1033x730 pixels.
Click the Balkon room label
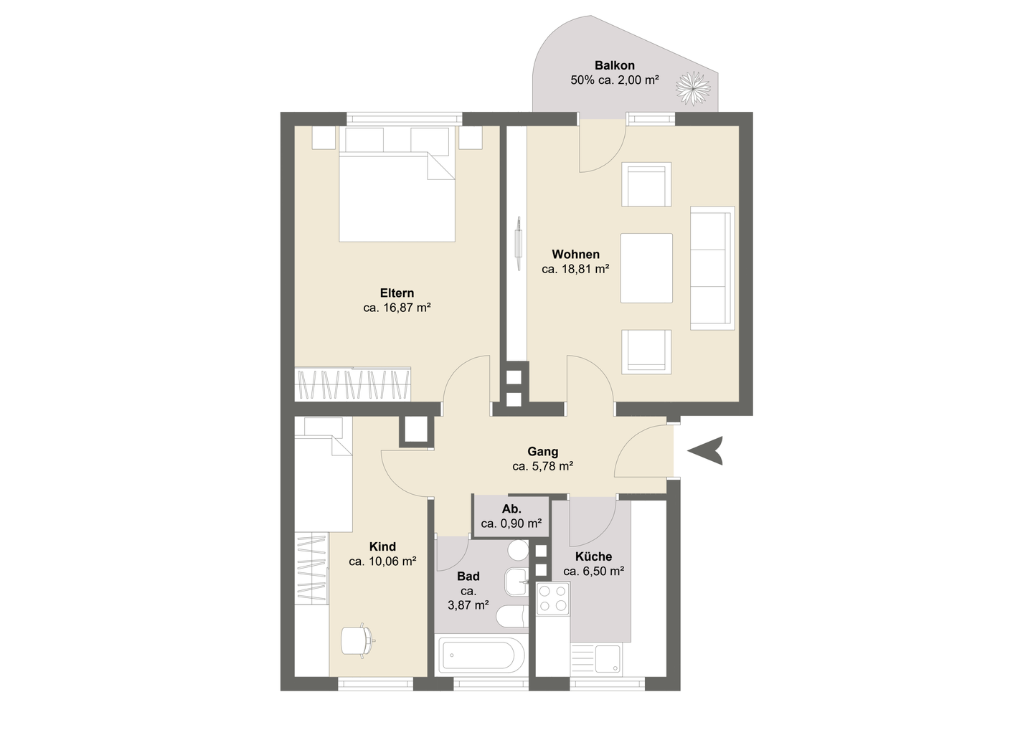click(x=614, y=65)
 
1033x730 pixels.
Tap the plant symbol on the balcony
click(x=693, y=88)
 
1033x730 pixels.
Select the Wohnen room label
click(x=575, y=255)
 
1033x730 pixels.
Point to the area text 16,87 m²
click(x=407, y=308)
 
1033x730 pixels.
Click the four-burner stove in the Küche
click(x=553, y=598)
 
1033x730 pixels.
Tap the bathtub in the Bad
click(x=482, y=655)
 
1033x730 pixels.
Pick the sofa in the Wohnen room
click(x=712, y=267)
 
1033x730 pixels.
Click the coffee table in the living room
click(x=646, y=267)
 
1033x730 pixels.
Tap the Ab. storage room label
click(x=511, y=509)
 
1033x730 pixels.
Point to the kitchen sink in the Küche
click(x=595, y=658)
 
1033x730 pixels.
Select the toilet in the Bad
click(x=512, y=616)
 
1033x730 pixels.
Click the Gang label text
click(x=543, y=452)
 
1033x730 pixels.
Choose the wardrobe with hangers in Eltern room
click(x=353, y=384)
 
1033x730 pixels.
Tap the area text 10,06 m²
click(x=393, y=561)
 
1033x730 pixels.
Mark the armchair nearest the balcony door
click(x=646, y=184)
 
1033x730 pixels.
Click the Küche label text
click(x=593, y=556)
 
